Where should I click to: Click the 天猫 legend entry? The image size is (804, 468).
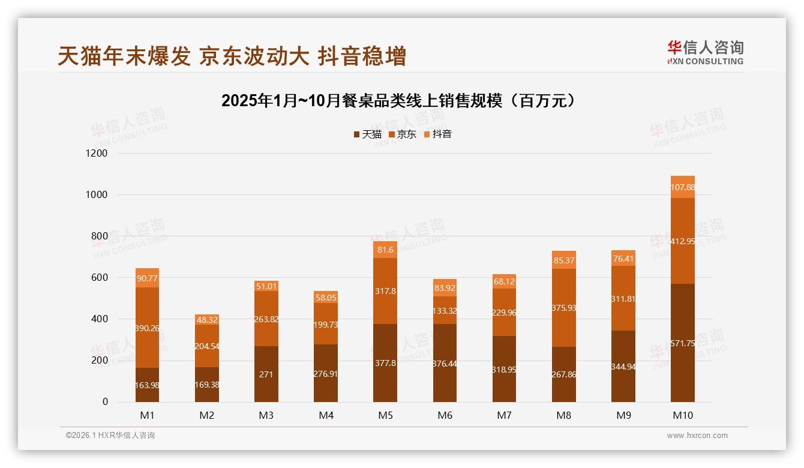pos(367,134)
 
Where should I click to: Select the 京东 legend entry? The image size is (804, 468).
pos(403,134)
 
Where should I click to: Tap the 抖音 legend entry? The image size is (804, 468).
pos(437,134)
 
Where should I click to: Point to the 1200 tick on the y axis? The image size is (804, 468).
pos(96,154)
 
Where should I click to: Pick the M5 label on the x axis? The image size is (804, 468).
pos(385,415)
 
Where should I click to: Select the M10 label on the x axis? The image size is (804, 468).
pos(683,415)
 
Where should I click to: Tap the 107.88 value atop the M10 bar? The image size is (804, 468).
pos(683,187)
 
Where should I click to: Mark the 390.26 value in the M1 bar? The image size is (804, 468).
pos(147,328)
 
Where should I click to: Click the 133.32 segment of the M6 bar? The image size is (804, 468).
pos(445,311)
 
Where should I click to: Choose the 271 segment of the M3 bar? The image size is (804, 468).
pos(266,374)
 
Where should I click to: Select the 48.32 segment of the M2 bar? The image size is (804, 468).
pos(206,320)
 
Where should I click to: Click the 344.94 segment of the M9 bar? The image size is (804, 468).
pos(623,367)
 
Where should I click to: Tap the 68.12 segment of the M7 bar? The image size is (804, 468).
pos(504,281)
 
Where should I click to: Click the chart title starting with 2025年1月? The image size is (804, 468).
pos(401,101)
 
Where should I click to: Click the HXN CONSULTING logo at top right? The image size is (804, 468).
pos(705,53)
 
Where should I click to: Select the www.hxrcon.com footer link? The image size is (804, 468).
pos(697,436)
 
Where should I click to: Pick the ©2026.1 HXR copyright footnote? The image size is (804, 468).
pos(110,436)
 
